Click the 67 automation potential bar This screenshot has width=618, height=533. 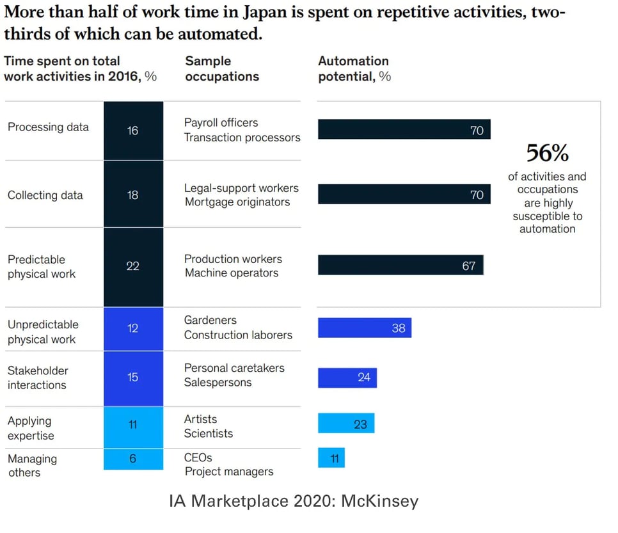(400, 265)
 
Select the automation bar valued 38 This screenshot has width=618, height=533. (365, 328)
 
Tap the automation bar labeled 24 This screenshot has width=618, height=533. (347, 378)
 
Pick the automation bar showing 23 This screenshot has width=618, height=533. (346, 423)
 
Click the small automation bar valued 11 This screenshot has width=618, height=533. (331, 458)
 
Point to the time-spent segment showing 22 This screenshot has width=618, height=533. (133, 266)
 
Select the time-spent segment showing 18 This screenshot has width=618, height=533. (133, 195)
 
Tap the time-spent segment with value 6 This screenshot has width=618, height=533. (133, 459)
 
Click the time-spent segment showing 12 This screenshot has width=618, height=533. (133, 328)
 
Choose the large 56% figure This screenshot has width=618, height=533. (547, 153)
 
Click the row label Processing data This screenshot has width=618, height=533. (48, 127)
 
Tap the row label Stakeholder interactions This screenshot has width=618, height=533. (38, 378)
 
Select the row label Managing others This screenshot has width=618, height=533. (32, 465)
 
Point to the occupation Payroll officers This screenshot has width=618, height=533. (221, 122)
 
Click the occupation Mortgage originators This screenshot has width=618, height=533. (237, 202)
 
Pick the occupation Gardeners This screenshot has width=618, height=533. (210, 320)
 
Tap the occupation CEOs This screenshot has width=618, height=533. (198, 457)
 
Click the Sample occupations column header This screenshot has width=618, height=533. (222, 68)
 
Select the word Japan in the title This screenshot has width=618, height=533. (264, 13)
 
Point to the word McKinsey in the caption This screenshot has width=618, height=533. (380, 500)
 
